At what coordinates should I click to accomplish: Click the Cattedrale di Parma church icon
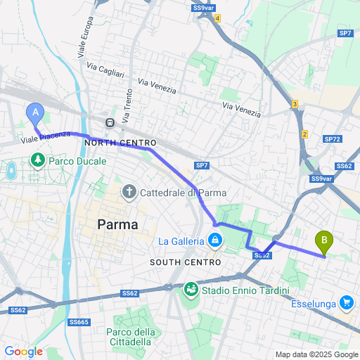[x=129, y=192]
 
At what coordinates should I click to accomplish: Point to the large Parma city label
[x=117, y=225]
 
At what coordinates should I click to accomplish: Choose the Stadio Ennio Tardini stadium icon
[x=191, y=290]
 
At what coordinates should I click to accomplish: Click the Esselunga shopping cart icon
[x=346, y=302]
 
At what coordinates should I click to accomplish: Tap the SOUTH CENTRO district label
[x=181, y=262]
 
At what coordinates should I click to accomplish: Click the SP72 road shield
[x=333, y=139]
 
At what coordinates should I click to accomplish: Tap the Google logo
[x=23, y=352]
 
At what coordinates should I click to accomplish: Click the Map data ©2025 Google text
[x=316, y=354]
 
